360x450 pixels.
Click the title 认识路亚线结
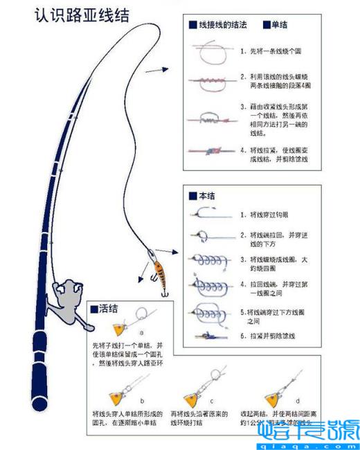(82, 15)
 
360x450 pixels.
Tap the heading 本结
(206, 196)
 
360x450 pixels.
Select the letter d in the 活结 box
(298, 400)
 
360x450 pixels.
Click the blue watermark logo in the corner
(308, 433)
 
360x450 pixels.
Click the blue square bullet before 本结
(192, 196)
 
